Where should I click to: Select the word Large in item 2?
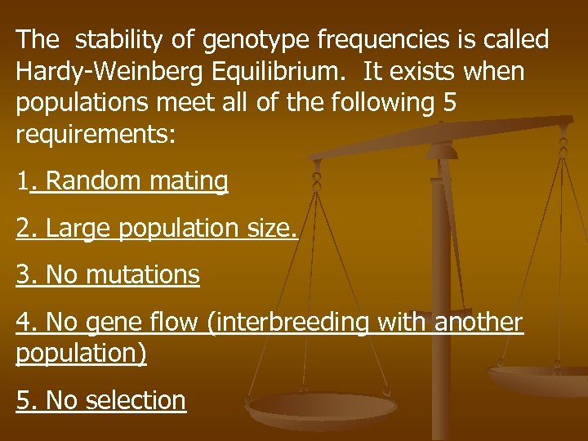[79, 228]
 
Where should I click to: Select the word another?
[478, 323]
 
